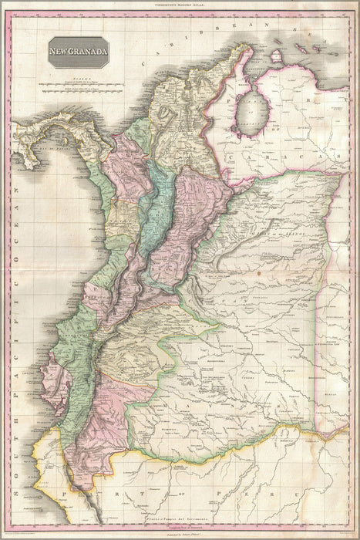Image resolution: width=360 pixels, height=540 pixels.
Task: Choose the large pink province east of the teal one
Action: click(189, 216)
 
